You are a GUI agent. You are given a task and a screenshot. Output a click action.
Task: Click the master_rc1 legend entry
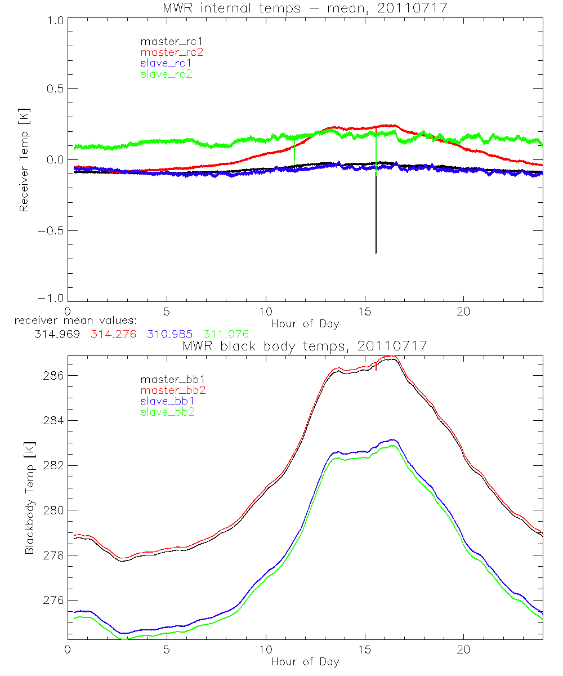(166, 42)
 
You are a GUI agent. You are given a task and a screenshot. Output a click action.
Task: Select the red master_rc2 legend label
(172, 52)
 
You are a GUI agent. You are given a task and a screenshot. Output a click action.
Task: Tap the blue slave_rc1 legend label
(166, 63)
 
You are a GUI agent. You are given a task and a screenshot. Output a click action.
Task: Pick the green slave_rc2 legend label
(166, 74)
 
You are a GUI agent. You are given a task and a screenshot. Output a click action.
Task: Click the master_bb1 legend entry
(168, 380)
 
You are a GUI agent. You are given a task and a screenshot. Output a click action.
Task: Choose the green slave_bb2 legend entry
(168, 412)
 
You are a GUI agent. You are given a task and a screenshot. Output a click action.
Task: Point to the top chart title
(305, 8)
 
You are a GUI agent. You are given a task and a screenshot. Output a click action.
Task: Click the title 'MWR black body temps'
(305, 346)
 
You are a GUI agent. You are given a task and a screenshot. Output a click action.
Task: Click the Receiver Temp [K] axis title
(24, 159)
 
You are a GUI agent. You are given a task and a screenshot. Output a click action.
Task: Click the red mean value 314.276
(114, 335)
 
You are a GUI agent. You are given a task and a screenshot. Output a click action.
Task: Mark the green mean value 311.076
(226, 335)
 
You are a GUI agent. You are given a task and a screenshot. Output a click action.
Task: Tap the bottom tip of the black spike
(376, 253)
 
